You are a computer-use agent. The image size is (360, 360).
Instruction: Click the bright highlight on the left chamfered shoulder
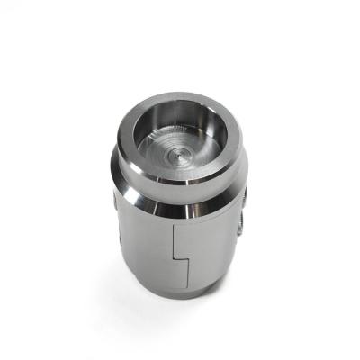pos(126,184)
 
